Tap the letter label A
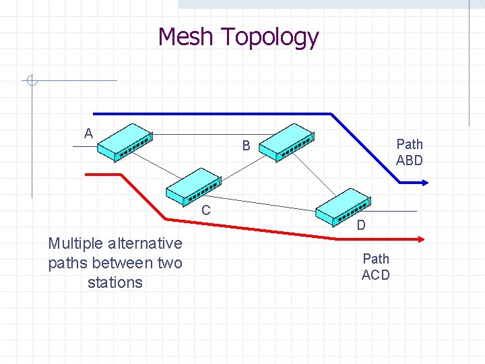point(88,133)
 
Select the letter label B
point(247,146)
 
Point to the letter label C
point(206,210)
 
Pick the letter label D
point(361,225)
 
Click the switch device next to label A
point(125,142)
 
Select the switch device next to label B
point(286,142)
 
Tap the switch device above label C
point(193,186)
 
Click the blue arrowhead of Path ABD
point(424,182)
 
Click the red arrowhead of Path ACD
point(420,238)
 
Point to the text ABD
point(410,160)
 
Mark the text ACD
point(375,274)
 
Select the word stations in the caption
point(115,282)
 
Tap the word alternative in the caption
point(152,243)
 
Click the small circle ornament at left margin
point(31,82)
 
